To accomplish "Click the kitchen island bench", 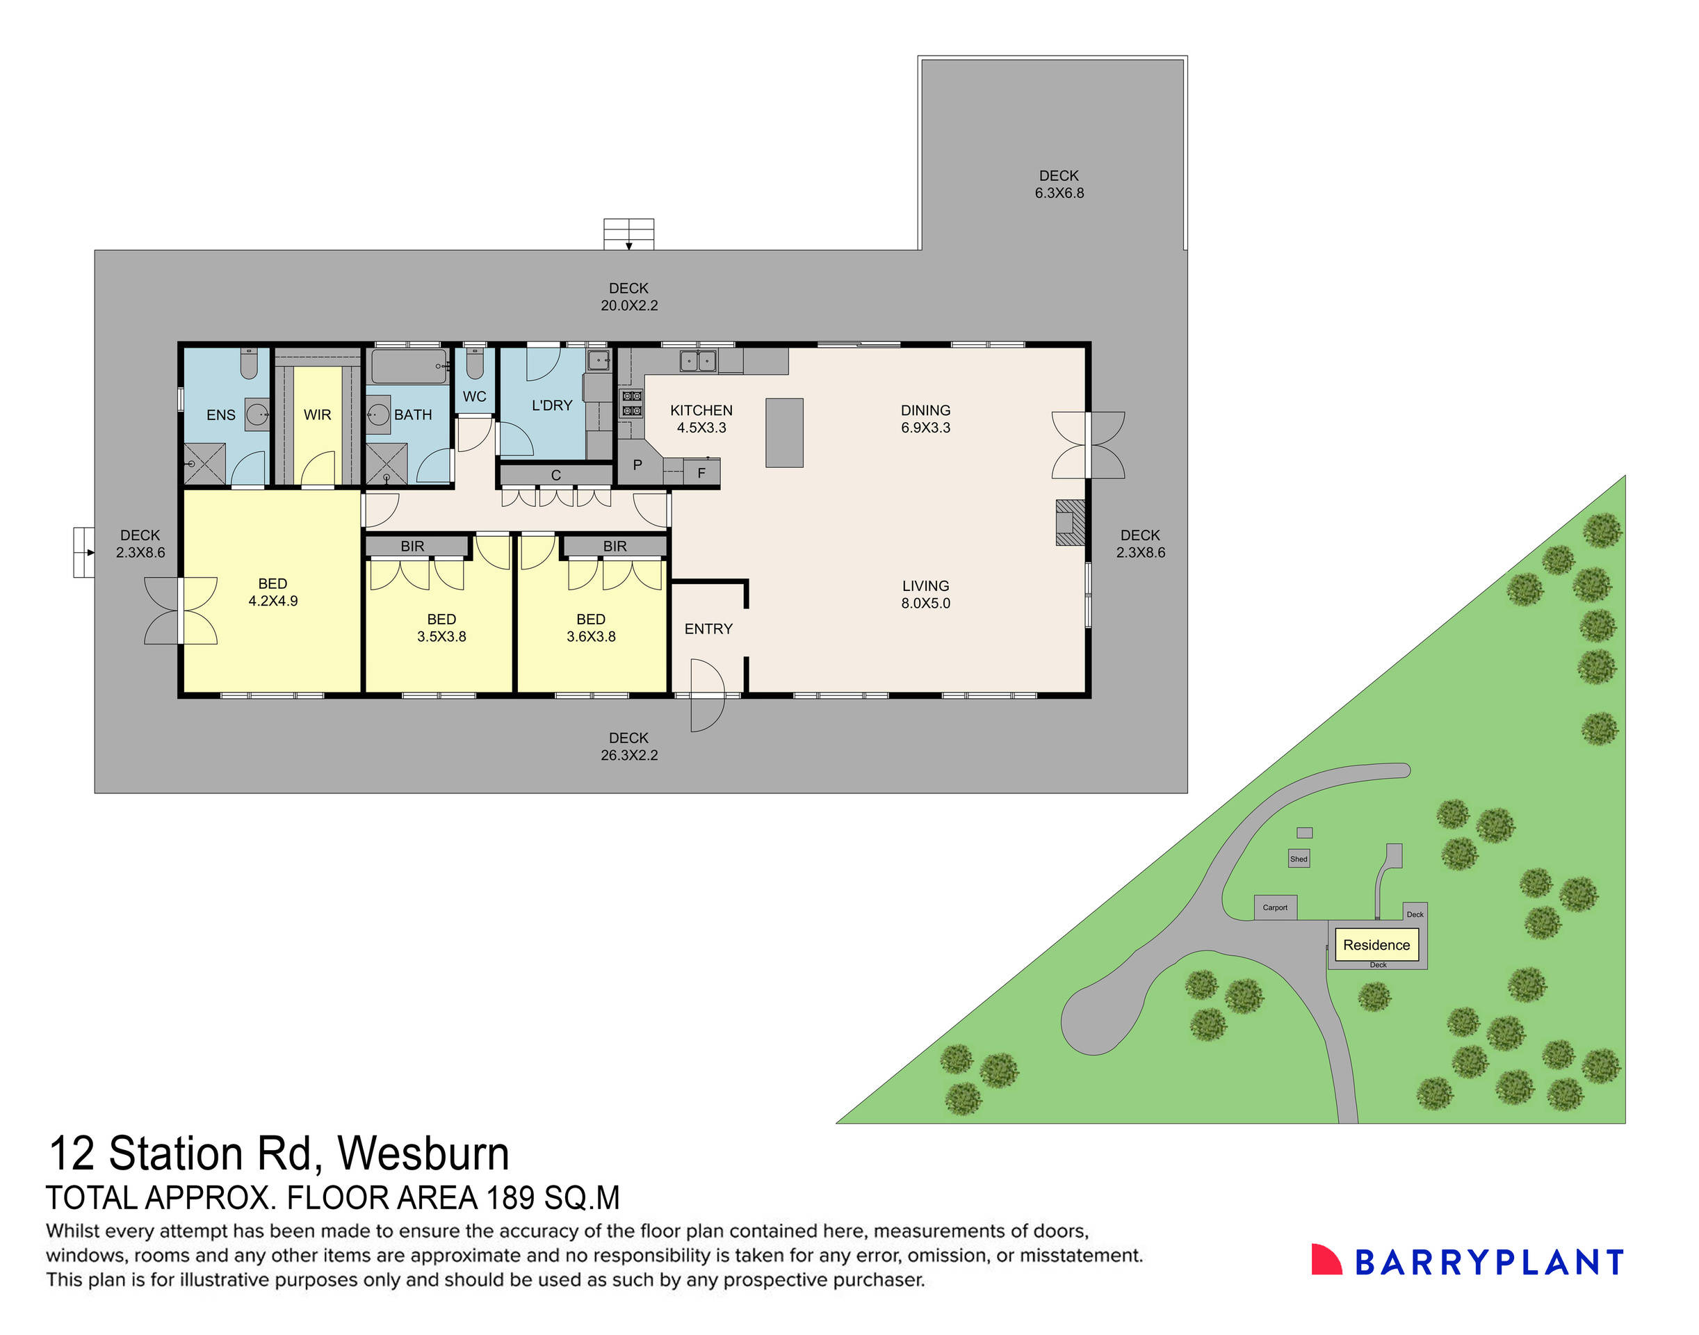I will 784,432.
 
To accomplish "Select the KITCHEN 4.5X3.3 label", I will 701,418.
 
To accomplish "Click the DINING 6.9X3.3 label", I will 925,418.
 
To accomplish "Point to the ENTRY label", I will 708,629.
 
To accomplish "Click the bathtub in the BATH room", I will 408,366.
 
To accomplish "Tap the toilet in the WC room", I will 474,364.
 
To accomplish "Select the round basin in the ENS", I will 257,414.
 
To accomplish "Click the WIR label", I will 317,415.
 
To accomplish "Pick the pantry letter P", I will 637,465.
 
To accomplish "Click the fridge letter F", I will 701,473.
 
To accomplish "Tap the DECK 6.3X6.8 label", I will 1059,184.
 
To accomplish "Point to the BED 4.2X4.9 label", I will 273,592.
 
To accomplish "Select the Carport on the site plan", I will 1275,907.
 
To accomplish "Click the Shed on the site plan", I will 1299,858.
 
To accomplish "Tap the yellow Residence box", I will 1376,944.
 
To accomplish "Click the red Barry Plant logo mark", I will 1325,1261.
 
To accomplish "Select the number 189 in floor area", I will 510,1198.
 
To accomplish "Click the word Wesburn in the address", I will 423,1154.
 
